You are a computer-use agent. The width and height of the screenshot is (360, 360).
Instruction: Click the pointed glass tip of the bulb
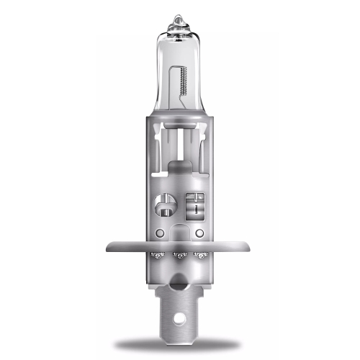179,17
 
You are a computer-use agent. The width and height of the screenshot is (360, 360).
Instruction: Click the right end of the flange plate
250,247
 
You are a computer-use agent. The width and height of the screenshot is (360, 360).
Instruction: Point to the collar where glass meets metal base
180,115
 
